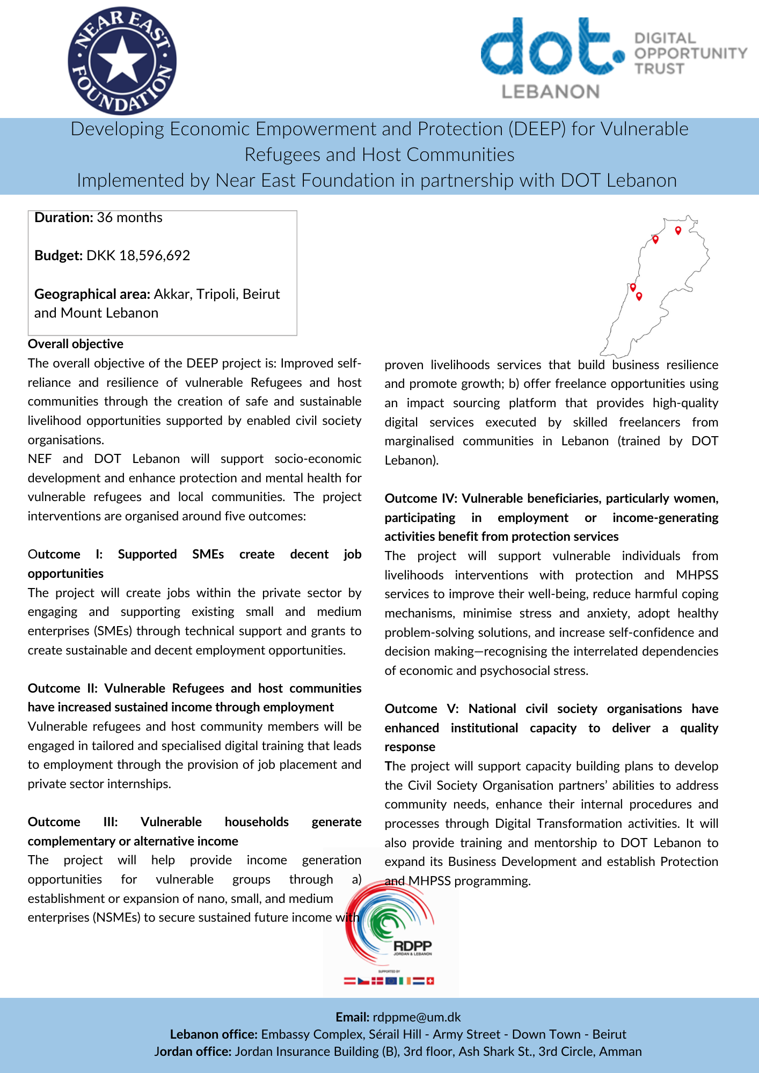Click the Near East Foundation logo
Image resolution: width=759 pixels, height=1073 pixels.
[x=122, y=61]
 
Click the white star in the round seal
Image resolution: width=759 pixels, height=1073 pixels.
[x=122, y=60]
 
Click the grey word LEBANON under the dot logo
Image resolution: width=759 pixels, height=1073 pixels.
[x=550, y=92]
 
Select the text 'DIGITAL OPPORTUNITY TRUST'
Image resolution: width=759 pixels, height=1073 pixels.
[x=690, y=54]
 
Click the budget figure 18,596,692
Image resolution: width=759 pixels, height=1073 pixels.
[x=155, y=255]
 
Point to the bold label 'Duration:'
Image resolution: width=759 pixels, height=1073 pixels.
[x=64, y=217]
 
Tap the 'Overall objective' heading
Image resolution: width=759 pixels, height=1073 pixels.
[x=76, y=344]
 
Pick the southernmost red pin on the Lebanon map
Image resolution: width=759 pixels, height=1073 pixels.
[x=639, y=296]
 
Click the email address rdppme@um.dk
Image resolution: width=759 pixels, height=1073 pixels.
[x=417, y=1017]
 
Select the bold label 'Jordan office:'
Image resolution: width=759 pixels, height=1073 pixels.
[x=193, y=1052]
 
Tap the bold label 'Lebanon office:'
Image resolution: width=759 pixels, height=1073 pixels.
[x=214, y=1034]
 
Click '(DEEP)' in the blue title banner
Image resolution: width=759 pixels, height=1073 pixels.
[x=537, y=129]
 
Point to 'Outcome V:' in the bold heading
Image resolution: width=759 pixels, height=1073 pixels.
[x=421, y=709]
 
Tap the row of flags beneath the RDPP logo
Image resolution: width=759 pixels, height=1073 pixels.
[x=389, y=981]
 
